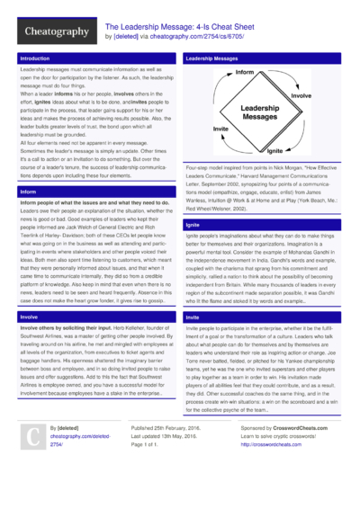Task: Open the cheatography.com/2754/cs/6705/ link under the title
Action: point(184,38)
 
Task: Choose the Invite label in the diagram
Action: point(221,129)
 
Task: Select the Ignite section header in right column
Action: point(193,223)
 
